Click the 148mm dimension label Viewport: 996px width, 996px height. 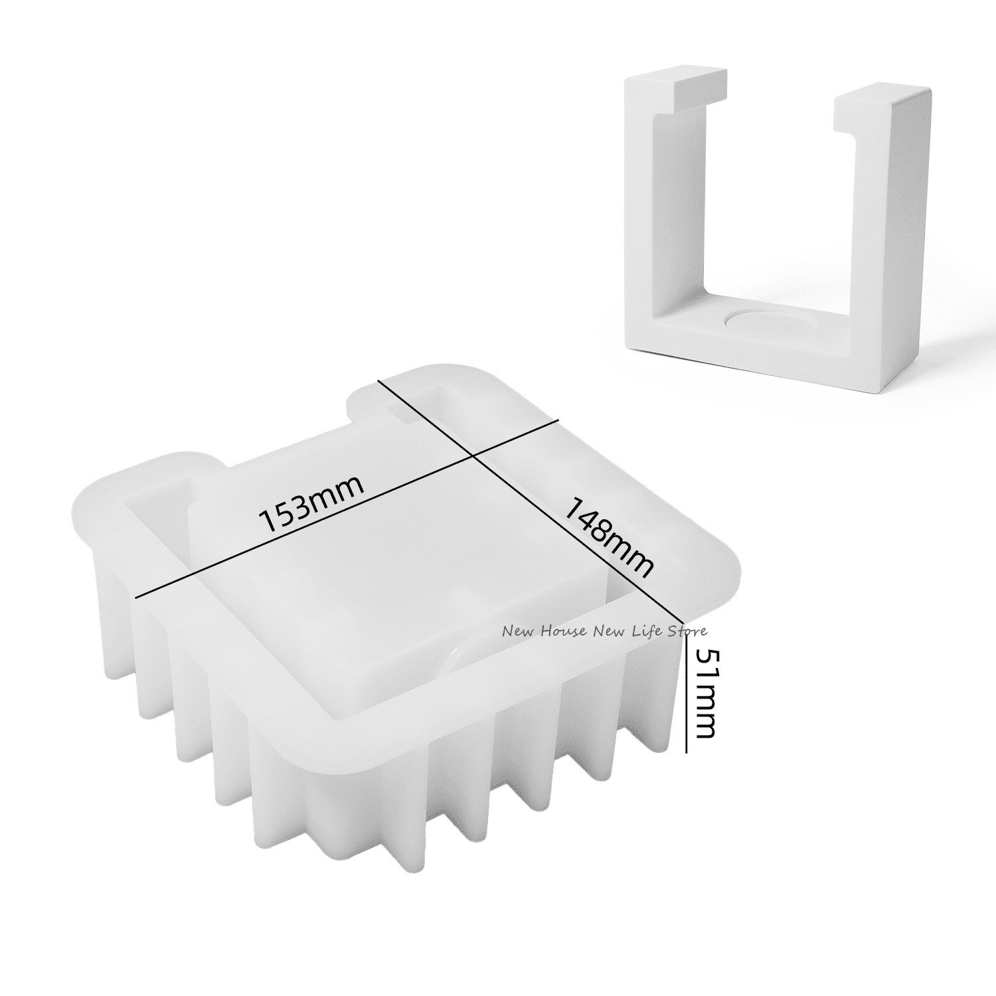[x=609, y=537]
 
